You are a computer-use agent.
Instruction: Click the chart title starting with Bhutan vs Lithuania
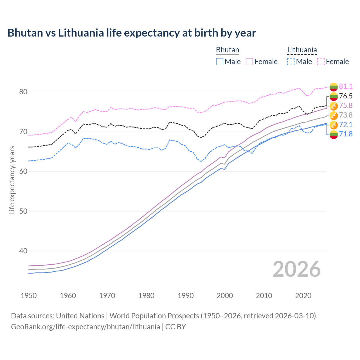[x=132, y=33]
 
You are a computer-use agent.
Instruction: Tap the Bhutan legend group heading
[x=227, y=50]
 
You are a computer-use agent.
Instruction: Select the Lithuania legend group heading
[x=302, y=50]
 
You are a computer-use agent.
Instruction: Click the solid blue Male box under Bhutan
[x=220, y=62]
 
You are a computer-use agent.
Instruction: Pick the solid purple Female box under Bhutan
[x=250, y=62]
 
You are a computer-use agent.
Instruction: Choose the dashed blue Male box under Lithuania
[x=291, y=62]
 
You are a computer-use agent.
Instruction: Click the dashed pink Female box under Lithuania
[x=321, y=62]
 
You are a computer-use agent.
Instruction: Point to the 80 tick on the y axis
[x=23, y=92]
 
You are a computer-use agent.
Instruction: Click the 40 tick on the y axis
[x=23, y=251]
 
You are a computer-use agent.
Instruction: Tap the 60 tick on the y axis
[x=23, y=172]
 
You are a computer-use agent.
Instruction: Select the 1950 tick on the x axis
[x=29, y=296]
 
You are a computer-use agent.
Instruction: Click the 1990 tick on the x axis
[x=186, y=296]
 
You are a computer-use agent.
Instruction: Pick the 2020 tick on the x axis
[x=303, y=296]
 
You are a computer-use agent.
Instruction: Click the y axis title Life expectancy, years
[x=12, y=180]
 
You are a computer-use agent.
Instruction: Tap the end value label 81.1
[x=346, y=86]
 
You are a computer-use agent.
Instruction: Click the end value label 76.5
[x=346, y=96]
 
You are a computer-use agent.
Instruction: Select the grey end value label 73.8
[x=346, y=115]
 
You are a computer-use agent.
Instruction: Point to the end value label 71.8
[x=346, y=134]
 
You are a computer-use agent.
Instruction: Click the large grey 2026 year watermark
[x=296, y=269]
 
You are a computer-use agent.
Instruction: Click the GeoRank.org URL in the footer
[x=85, y=327]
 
